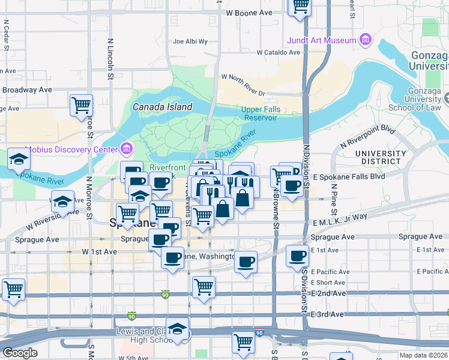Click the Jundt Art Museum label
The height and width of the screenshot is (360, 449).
tap(331, 40)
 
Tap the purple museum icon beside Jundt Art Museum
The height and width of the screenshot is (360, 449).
tap(366, 40)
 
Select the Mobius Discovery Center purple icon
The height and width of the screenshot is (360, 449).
tap(127, 148)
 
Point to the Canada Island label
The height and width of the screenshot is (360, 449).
tap(162, 107)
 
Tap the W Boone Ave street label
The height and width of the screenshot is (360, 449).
tap(249, 13)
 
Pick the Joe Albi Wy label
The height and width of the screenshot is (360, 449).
tap(190, 42)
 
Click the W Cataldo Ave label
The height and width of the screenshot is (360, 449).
tap(277, 53)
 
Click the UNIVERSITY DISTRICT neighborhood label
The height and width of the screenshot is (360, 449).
tap(378, 158)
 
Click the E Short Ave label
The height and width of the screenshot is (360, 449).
tap(328, 283)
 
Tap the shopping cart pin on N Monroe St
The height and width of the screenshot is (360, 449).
tap(81, 106)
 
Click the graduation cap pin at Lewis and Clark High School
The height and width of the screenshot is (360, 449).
tap(178, 329)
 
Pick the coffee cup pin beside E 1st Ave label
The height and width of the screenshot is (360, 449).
tap(297, 256)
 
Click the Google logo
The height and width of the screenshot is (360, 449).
tap(20, 353)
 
